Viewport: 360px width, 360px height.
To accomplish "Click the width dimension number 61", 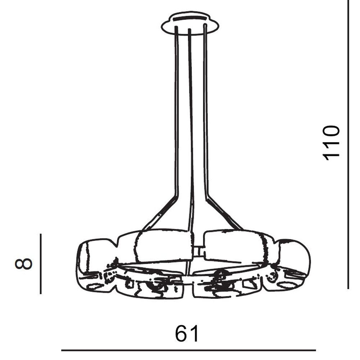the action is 186,333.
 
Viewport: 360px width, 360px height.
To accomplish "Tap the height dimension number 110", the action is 331,143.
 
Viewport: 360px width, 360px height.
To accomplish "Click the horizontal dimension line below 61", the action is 188,350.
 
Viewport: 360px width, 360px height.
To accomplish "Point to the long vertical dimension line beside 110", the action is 348,144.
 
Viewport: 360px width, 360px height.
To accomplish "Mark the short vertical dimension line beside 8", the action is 41,264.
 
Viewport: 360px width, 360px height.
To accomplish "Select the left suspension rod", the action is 176,110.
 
